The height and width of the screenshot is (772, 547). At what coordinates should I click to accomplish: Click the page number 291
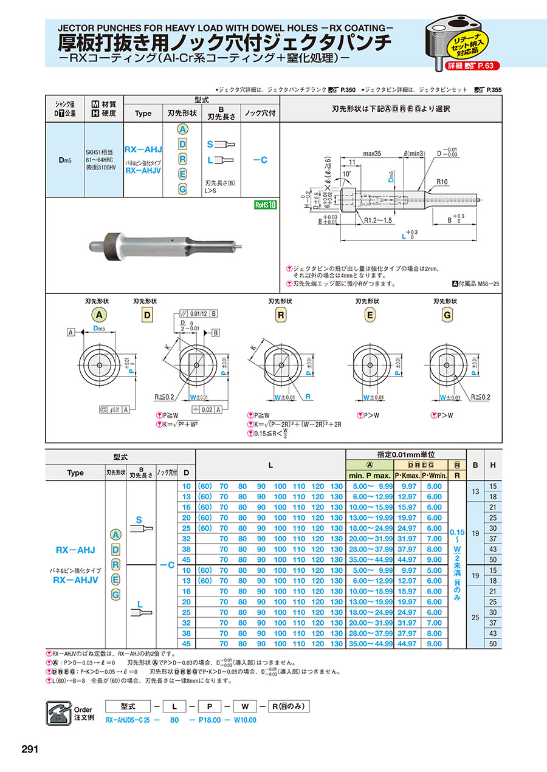pyautogui.click(x=30, y=749)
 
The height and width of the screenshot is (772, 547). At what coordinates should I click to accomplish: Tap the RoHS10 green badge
pyautogui.click(x=264, y=205)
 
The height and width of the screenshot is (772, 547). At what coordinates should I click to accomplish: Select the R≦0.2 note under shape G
pyautogui.click(x=479, y=397)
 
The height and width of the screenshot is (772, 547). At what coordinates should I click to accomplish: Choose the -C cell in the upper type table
pyautogui.click(x=260, y=160)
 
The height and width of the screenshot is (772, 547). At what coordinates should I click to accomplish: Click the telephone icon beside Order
pyautogui.click(x=58, y=712)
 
